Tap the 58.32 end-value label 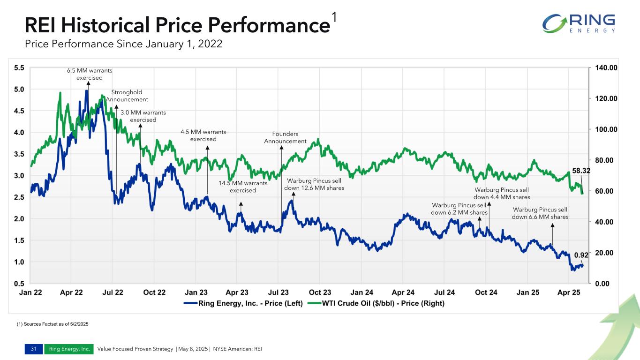point(580,172)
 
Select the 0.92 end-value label point(581,255)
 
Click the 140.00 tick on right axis point(606,68)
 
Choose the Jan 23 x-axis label point(196,292)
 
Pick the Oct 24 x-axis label point(486,292)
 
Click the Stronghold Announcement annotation point(127,96)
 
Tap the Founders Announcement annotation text point(285,138)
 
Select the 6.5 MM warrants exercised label point(90,74)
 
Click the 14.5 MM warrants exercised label point(243,187)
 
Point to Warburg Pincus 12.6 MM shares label point(314,184)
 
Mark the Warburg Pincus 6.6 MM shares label point(540,213)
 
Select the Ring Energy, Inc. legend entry point(244,304)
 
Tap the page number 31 point(33,349)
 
